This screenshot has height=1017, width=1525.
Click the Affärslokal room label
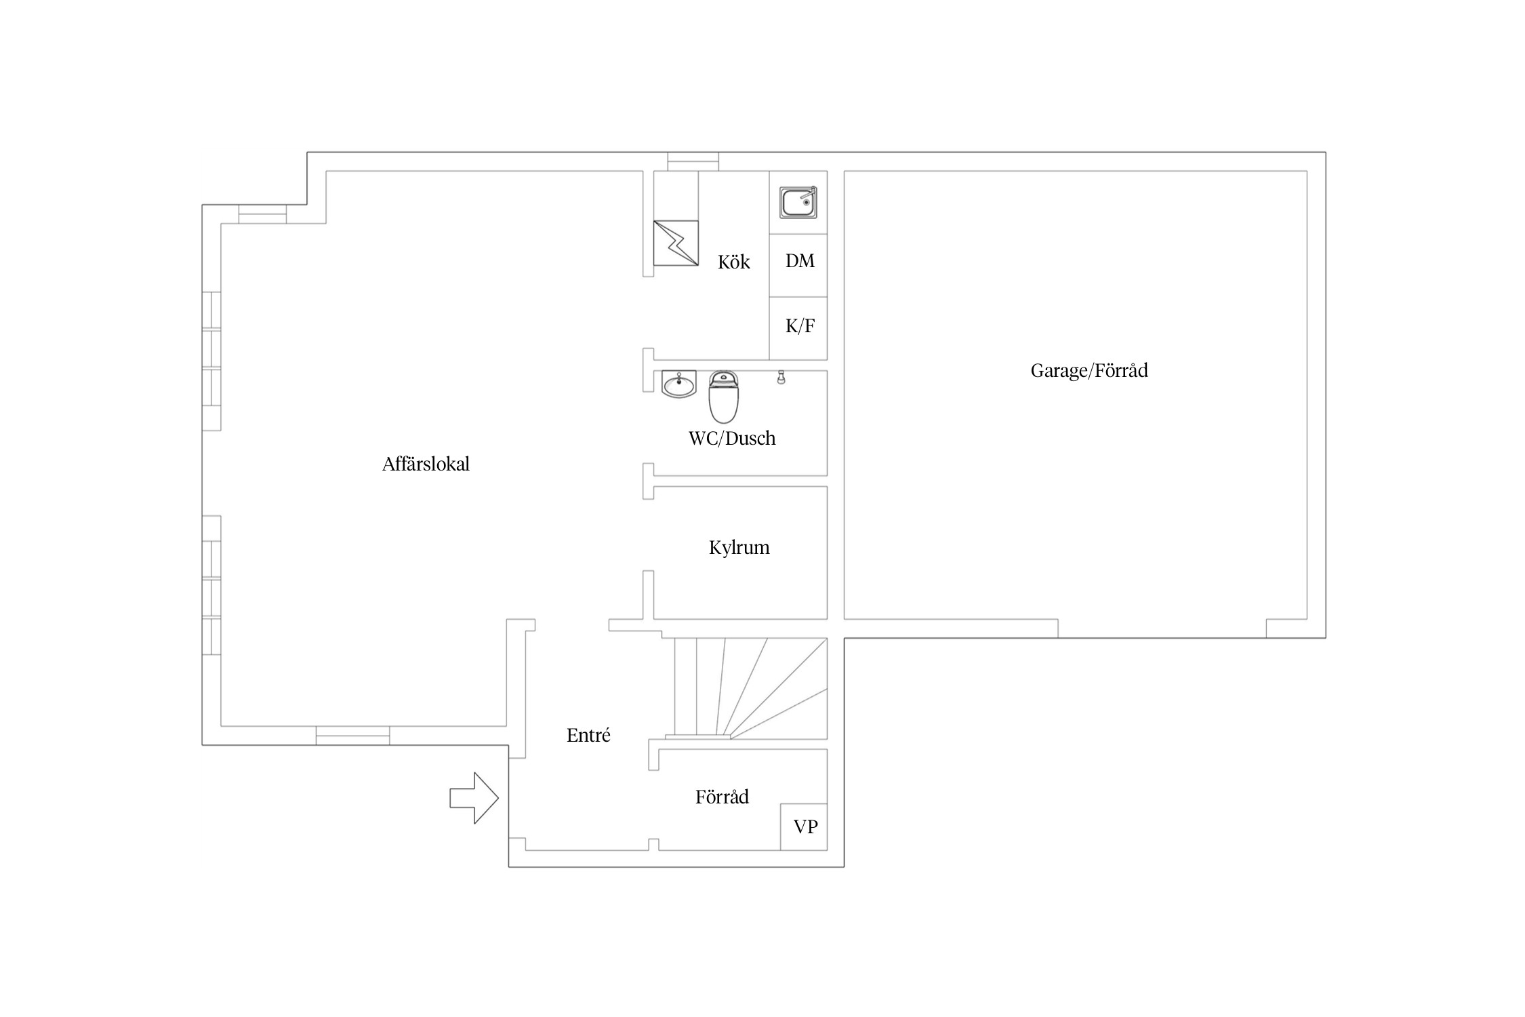426,464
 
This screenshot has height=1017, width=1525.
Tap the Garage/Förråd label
1089,371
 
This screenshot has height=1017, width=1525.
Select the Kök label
734,262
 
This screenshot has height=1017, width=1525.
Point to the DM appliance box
798,265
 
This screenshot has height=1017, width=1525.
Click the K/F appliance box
798,328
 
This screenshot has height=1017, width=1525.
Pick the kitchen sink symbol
798,202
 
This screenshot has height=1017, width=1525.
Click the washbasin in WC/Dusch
678,384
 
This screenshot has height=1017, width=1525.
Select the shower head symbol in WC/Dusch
781,378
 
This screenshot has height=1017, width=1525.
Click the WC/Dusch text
732,439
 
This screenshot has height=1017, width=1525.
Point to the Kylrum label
739,548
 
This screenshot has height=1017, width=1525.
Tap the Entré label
588,736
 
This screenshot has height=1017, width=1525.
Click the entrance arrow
474,799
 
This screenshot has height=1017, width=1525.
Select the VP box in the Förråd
804,827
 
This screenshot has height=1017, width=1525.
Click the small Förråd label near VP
722,797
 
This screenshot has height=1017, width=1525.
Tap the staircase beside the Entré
746,688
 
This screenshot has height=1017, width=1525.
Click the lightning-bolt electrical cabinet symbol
676,243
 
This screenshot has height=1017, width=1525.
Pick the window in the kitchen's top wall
693,162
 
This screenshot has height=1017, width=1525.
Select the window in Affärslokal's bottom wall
352,736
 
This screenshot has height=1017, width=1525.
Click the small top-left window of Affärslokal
262,214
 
